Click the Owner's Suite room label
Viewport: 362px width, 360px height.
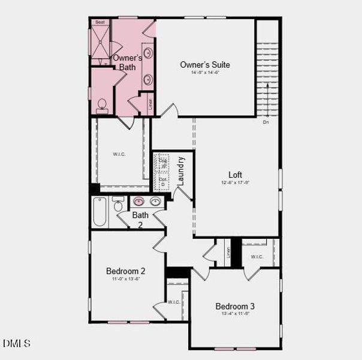(205, 65)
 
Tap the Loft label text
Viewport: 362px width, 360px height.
(235, 175)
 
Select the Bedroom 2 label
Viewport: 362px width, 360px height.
(126, 271)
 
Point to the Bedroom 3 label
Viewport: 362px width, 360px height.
(235, 306)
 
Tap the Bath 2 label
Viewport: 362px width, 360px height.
(140, 220)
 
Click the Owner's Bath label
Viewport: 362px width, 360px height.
(127, 62)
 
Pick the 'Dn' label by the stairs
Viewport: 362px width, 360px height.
(266, 122)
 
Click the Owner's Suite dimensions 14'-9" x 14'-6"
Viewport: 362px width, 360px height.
(205, 73)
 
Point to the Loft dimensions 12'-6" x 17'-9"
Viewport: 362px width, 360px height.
(235, 182)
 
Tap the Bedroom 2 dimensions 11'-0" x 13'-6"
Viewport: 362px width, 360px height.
(126, 279)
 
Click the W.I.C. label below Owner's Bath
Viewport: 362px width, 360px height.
(119, 154)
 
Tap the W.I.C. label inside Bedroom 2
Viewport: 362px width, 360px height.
(174, 302)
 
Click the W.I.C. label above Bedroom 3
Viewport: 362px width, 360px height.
(257, 257)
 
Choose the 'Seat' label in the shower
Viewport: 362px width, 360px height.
(99, 22)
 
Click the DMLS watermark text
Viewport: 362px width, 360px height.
(16, 343)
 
